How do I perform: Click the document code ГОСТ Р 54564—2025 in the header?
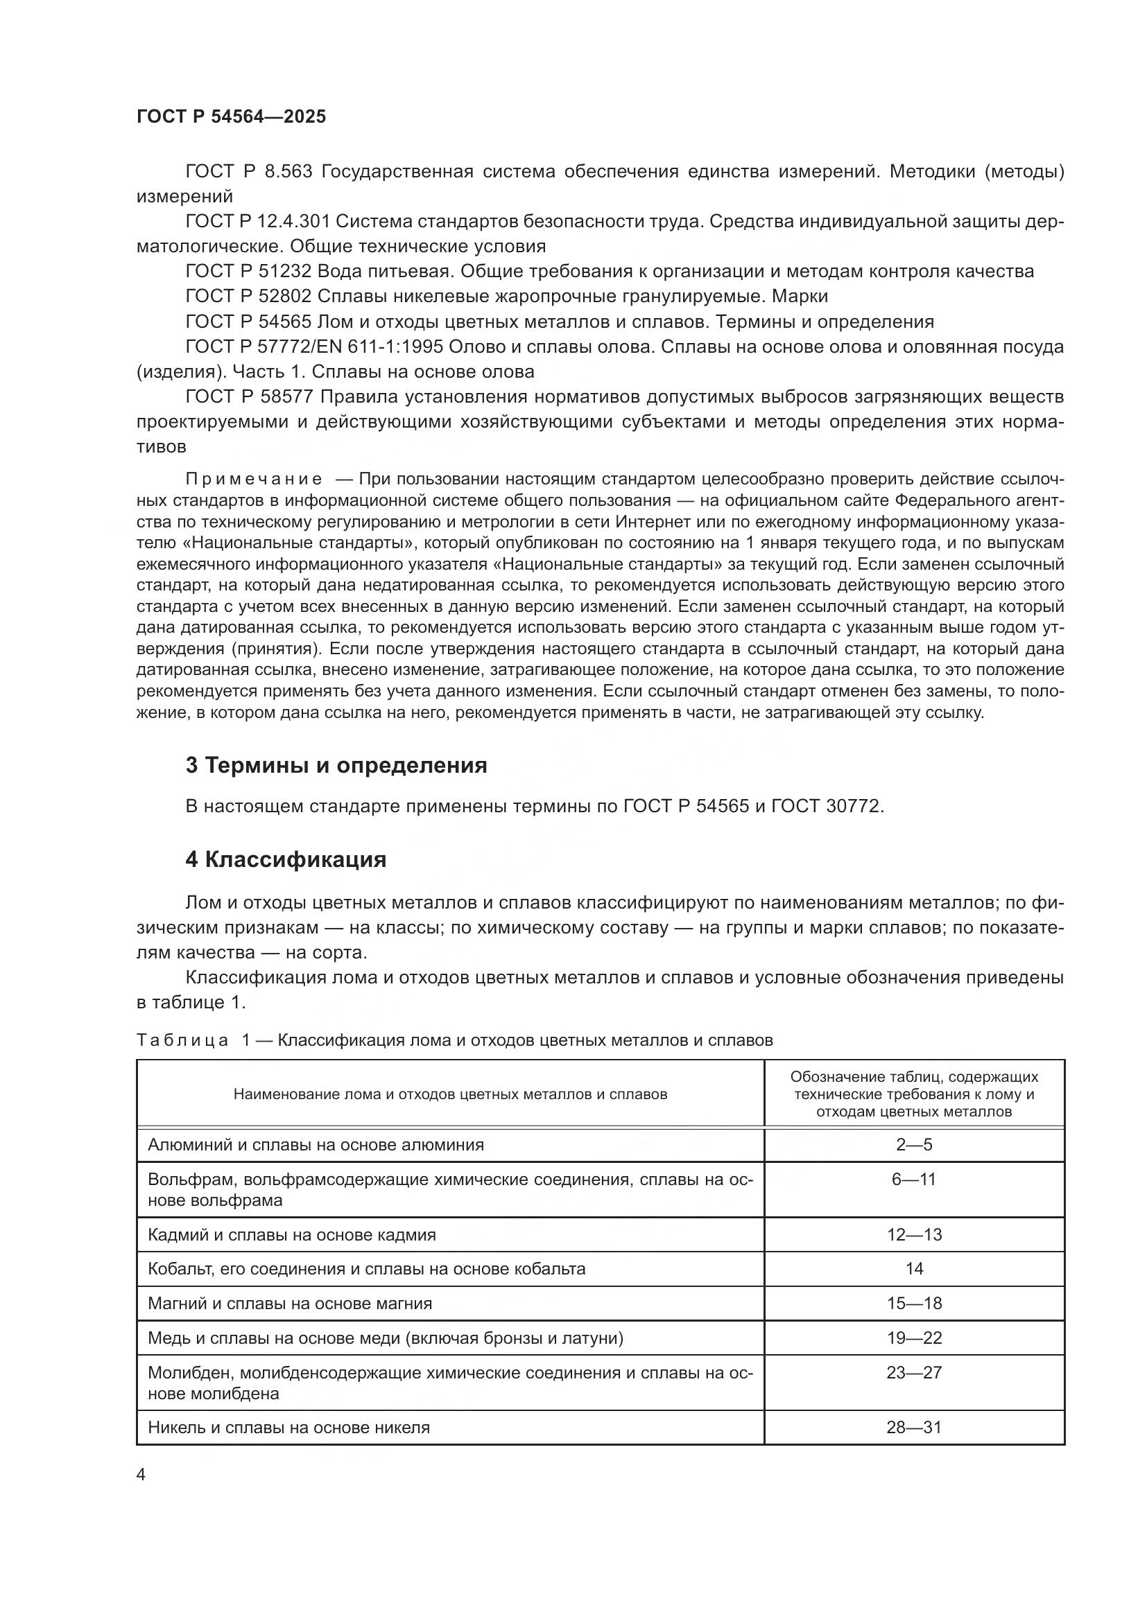point(231,117)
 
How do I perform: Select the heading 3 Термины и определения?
point(336,765)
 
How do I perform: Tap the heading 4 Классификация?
point(285,859)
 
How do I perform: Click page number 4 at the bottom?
point(141,1475)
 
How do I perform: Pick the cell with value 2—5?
point(914,1144)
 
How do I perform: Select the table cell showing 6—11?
point(914,1179)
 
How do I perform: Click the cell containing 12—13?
point(914,1235)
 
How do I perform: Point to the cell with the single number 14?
point(914,1269)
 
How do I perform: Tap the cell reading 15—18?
point(914,1304)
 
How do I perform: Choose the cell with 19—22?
point(914,1338)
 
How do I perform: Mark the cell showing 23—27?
point(914,1372)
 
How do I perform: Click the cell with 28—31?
point(914,1428)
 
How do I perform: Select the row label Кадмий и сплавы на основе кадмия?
point(292,1235)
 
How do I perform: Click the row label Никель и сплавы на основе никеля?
point(288,1428)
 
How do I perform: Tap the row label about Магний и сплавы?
point(290,1304)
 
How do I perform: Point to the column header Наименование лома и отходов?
point(450,1095)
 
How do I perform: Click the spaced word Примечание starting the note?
point(254,480)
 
